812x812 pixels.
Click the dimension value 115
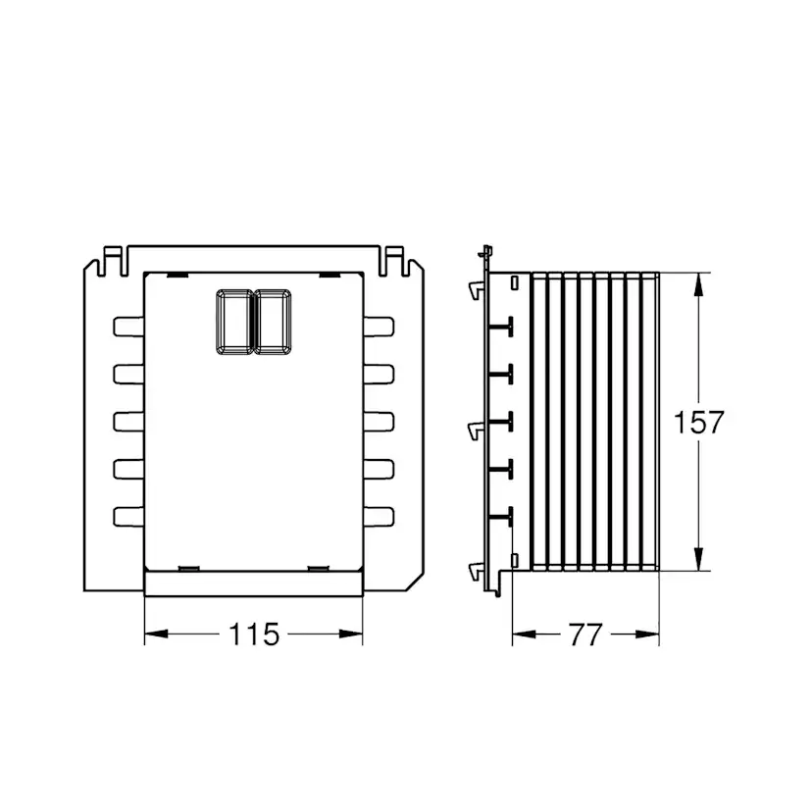pyautogui.click(x=254, y=634)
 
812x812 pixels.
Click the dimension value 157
pyautogui.click(x=698, y=422)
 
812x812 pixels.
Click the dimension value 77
pyautogui.click(x=585, y=634)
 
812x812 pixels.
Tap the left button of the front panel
pyautogui.click(x=235, y=322)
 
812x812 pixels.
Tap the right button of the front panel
pyautogui.click(x=273, y=322)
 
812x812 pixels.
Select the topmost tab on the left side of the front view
pyautogui.click(x=128, y=327)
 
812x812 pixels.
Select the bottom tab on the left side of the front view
pyautogui.click(x=128, y=517)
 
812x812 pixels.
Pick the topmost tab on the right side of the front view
pyautogui.click(x=379, y=327)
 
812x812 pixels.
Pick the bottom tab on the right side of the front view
pyautogui.click(x=379, y=517)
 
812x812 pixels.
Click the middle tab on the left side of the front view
pyautogui.click(x=128, y=422)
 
